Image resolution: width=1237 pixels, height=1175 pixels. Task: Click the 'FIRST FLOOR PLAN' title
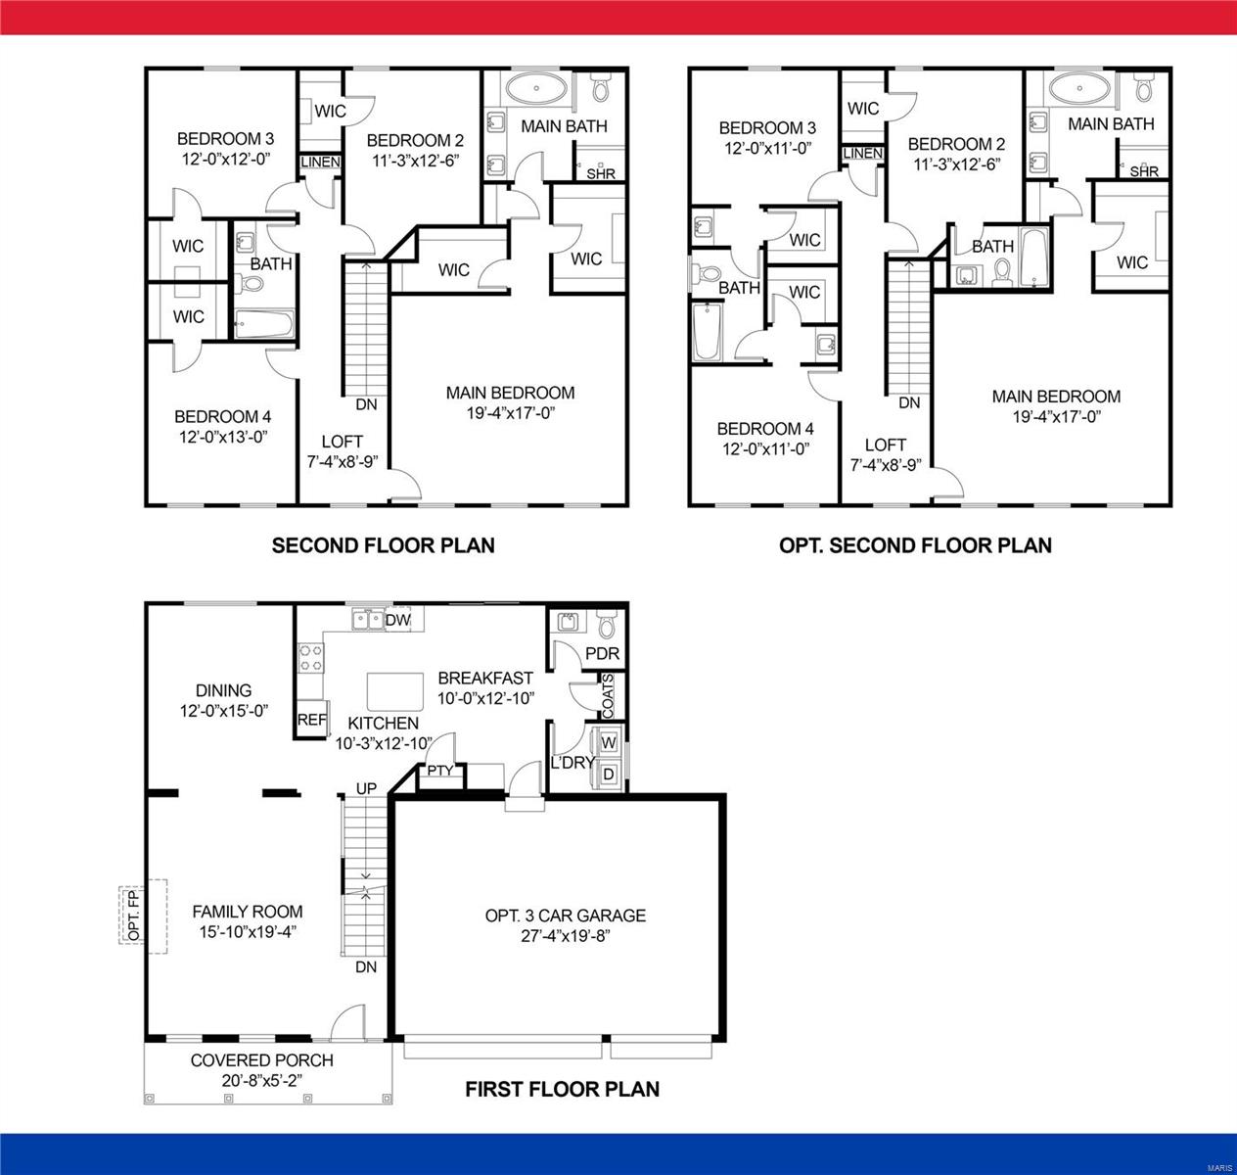(562, 1089)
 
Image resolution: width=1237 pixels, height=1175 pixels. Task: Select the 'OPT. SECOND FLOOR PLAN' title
(915, 545)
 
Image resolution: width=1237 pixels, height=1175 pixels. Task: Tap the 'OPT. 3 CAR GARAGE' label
(566, 916)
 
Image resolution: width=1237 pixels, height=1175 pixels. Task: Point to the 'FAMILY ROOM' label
(248, 912)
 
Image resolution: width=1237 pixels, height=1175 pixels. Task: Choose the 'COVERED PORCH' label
(261, 1060)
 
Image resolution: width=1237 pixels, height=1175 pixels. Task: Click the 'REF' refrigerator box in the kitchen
(311, 720)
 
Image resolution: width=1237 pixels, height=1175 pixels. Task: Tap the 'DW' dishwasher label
(397, 620)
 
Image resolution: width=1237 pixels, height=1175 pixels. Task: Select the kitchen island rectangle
(393, 691)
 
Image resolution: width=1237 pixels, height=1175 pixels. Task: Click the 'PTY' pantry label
(440, 771)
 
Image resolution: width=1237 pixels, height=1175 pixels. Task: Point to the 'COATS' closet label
(608, 695)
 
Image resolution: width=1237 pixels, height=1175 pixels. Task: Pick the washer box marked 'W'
(608, 743)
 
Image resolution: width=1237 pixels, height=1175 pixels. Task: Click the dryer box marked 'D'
(608, 775)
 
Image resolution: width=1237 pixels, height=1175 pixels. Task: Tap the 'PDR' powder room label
(602, 654)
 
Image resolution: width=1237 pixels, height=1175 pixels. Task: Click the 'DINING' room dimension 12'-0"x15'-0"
(224, 711)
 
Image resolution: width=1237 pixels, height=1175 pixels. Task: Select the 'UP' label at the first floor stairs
(366, 788)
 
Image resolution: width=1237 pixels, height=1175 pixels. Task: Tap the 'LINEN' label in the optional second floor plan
(863, 154)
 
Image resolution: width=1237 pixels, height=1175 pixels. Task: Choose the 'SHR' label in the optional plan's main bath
(1144, 172)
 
